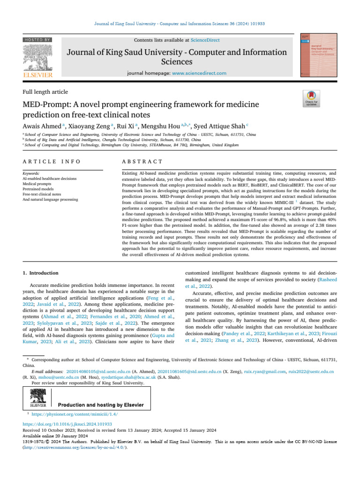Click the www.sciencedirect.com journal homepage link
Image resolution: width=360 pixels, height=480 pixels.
[199, 73]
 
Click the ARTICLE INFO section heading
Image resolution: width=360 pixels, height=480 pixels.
[52, 161]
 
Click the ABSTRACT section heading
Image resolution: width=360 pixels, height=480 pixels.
[142, 161]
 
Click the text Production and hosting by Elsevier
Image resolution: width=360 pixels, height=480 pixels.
[100, 405]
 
